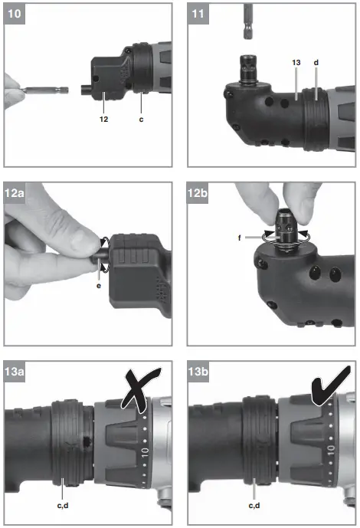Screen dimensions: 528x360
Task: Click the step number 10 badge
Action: (x=16, y=14)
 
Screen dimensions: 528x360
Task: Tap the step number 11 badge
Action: (x=198, y=14)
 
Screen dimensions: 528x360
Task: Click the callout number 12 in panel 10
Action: (x=103, y=119)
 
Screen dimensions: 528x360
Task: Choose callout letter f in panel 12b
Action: (x=239, y=238)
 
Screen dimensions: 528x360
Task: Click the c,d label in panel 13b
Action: (x=253, y=506)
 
